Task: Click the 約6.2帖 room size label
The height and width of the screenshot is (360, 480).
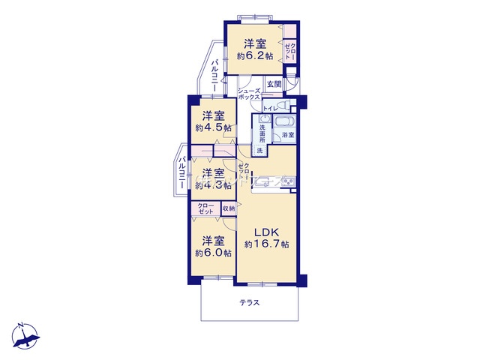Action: point(255,56)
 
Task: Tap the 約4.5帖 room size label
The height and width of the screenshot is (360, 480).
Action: point(213,127)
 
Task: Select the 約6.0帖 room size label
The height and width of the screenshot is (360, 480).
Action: point(213,253)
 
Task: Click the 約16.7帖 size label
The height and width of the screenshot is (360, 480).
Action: point(266,244)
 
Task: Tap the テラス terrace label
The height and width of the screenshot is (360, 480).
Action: point(250,303)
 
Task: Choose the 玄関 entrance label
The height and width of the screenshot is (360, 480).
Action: point(274,84)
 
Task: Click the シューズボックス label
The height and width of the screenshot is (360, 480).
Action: point(249,94)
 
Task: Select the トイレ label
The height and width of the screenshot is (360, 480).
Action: point(271,108)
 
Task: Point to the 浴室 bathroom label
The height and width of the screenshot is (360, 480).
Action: point(288,135)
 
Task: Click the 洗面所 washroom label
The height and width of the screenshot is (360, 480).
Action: point(262,133)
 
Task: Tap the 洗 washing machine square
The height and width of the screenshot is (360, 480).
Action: point(259,151)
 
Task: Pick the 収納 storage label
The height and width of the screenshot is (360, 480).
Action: point(228,208)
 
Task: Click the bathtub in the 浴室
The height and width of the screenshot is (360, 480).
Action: point(284,121)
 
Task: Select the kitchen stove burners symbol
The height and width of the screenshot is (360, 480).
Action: point(287,182)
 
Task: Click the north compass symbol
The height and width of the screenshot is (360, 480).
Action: point(25,336)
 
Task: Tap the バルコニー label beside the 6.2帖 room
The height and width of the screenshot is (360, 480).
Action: point(215,75)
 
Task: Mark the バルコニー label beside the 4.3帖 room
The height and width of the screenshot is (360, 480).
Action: point(182,172)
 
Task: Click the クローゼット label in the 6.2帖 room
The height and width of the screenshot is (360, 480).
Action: point(290,52)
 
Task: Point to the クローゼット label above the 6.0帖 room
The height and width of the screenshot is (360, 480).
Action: point(205,208)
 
